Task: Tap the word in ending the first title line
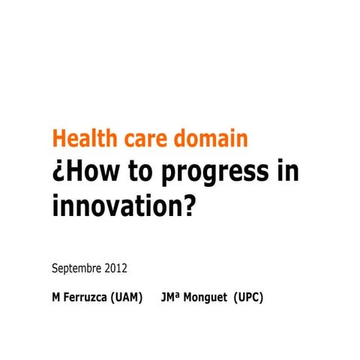click(x=287, y=172)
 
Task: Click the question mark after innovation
click(x=187, y=204)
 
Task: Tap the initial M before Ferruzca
click(x=56, y=297)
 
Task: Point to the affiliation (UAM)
click(x=127, y=297)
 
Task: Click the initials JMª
click(x=172, y=297)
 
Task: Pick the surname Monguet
click(x=207, y=297)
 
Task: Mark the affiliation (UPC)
click(x=248, y=297)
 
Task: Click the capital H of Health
click(x=58, y=139)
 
